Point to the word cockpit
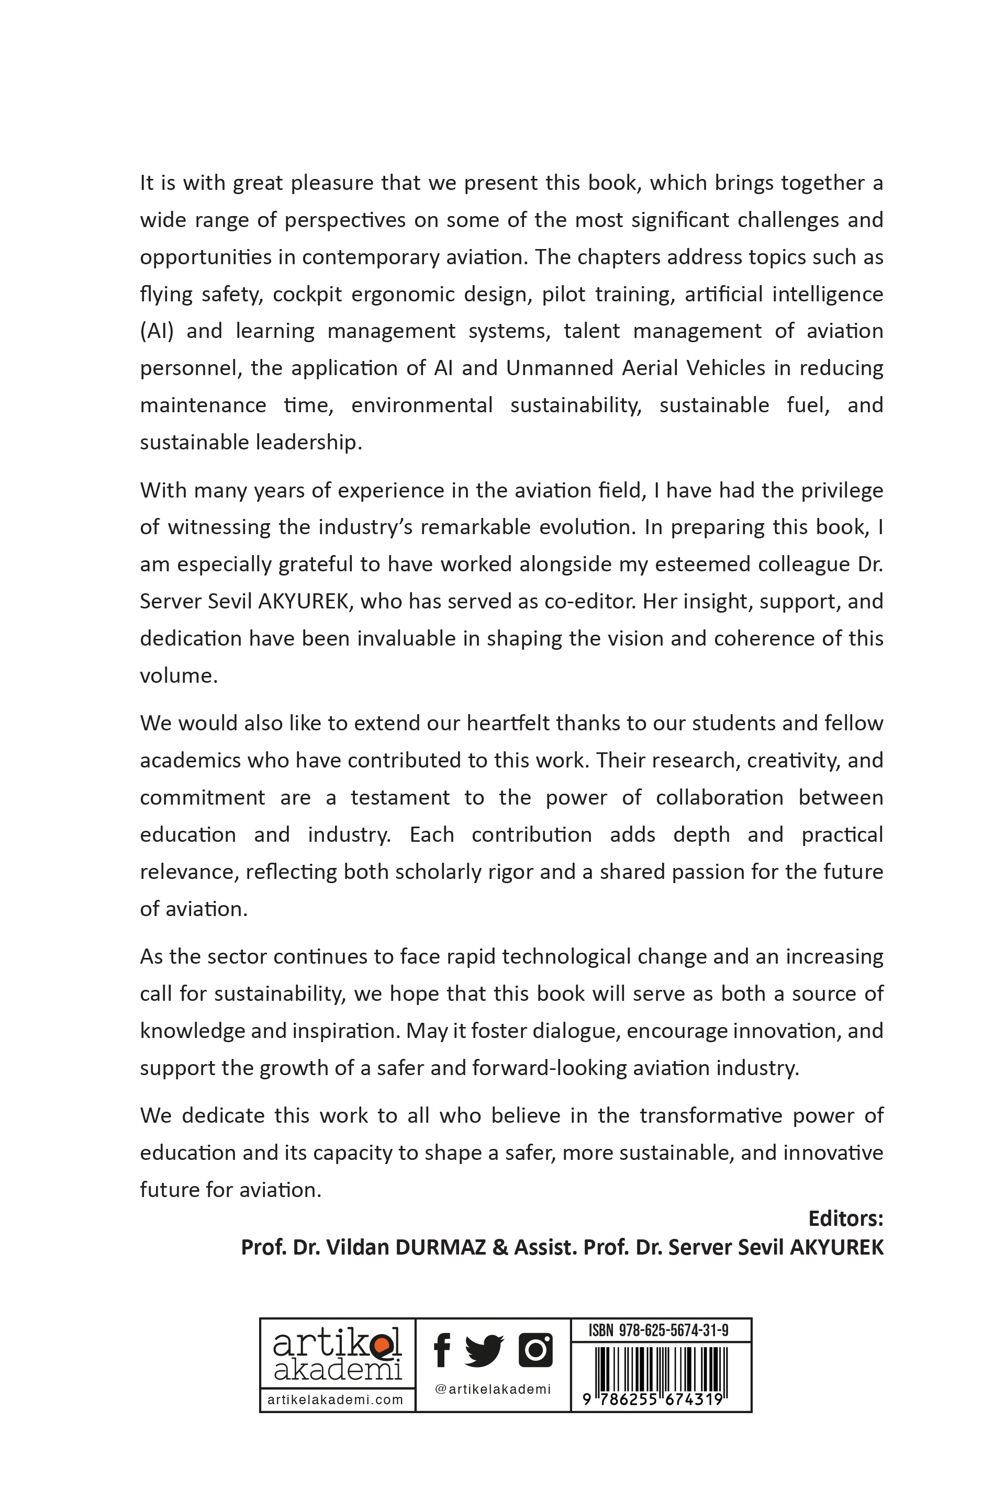[x=308, y=295]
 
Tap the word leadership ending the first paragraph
[x=308, y=443]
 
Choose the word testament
[x=400, y=798]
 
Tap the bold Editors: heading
[x=845, y=1218]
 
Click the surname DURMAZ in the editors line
[x=440, y=1247]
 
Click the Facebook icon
[x=442, y=1350]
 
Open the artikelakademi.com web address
[x=335, y=1400]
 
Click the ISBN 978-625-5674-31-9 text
[x=659, y=1330]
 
